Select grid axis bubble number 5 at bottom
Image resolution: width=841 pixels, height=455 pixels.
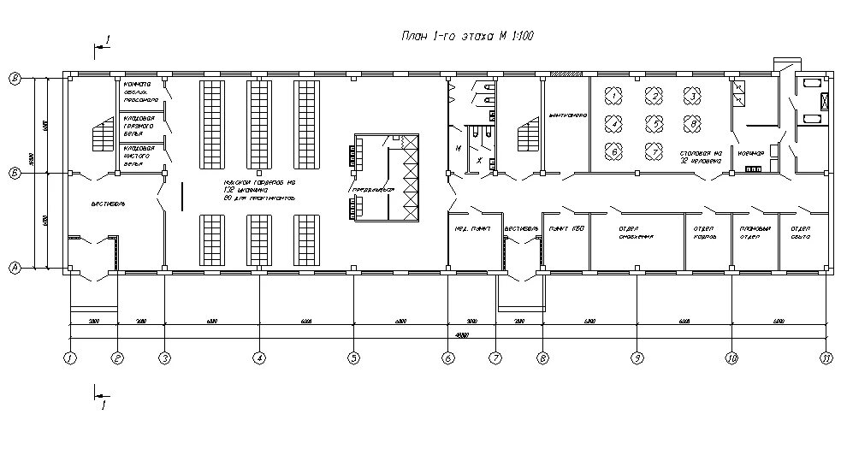(352, 358)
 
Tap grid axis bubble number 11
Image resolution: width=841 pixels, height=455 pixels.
(826, 358)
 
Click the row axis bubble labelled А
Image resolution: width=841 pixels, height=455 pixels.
(15, 268)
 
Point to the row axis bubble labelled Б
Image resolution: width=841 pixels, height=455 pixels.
(15, 173)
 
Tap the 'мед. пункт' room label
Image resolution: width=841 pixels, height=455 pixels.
(471, 229)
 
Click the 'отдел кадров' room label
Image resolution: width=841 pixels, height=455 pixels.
(704, 233)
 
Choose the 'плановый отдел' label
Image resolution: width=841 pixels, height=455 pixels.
(754, 233)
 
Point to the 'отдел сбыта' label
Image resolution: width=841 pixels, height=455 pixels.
(801, 233)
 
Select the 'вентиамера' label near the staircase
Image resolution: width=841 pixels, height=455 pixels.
(566, 115)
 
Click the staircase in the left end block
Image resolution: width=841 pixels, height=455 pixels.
(100, 135)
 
